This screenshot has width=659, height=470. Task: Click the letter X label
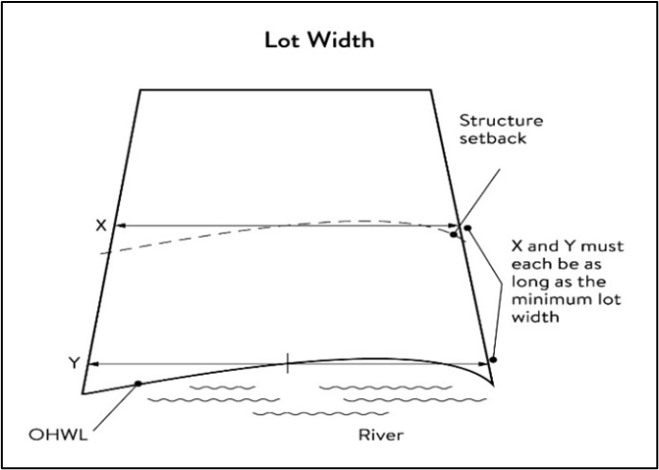point(100,225)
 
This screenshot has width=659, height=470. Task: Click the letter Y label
point(74,363)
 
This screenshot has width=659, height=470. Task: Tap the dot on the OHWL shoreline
point(137,383)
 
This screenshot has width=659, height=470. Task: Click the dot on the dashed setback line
point(453,235)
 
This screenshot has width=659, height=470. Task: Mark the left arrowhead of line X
point(120,225)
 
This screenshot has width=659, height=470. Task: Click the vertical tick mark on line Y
point(287,362)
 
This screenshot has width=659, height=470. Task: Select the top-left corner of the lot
point(140,90)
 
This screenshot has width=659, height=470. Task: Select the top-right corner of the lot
point(433,90)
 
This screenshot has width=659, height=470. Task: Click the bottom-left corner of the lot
point(82,392)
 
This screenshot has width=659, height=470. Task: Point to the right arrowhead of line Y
point(484,363)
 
